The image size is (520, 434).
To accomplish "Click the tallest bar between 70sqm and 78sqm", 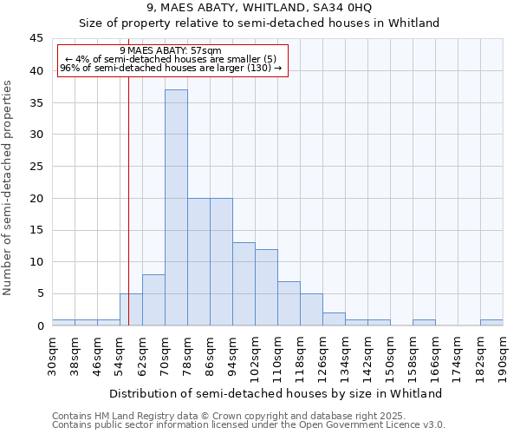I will click(176, 208).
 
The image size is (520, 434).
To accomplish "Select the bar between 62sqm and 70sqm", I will click(153, 300).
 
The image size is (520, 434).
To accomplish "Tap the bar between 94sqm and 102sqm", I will click(244, 284).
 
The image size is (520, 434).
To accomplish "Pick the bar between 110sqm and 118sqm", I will click(289, 303).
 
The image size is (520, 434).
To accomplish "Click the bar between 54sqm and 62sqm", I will click(131, 310).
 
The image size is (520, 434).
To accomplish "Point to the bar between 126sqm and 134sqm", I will click(334, 319).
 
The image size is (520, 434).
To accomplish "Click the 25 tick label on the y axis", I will click(36, 167).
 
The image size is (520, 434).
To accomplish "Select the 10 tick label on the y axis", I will click(36, 262).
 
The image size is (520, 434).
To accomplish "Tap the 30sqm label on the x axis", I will click(53, 354).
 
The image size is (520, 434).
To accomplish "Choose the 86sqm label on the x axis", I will click(211, 354).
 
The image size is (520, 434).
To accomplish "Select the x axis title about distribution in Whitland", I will click(277, 393).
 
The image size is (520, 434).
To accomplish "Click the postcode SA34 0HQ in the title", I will click(343, 8).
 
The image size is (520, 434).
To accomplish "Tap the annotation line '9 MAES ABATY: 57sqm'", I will click(171, 50).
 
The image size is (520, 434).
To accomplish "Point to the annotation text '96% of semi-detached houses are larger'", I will click(171, 68).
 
